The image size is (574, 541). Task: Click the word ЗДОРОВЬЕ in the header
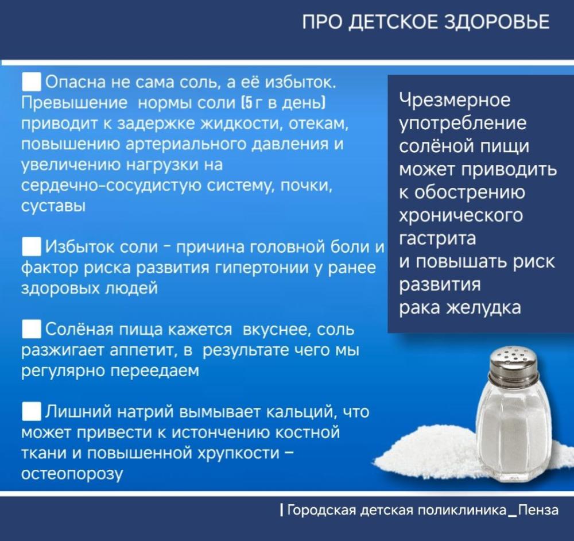[x=497, y=22]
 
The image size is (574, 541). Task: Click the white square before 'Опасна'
[x=31, y=82]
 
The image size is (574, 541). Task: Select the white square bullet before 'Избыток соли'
[x=31, y=246]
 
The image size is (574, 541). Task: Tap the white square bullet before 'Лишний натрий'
[x=31, y=411]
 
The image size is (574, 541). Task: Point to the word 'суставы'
[x=53, y=206]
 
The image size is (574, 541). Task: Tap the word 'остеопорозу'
[x=72, y=474]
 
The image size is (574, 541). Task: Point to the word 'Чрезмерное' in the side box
[x=455, y=100]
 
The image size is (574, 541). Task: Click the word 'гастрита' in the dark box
[x=437, y=239]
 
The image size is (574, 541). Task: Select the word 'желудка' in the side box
[x=483, y=308]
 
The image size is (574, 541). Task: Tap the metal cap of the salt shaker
[x=514, y=365]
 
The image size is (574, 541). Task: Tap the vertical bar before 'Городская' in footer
[x=281, y=510]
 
